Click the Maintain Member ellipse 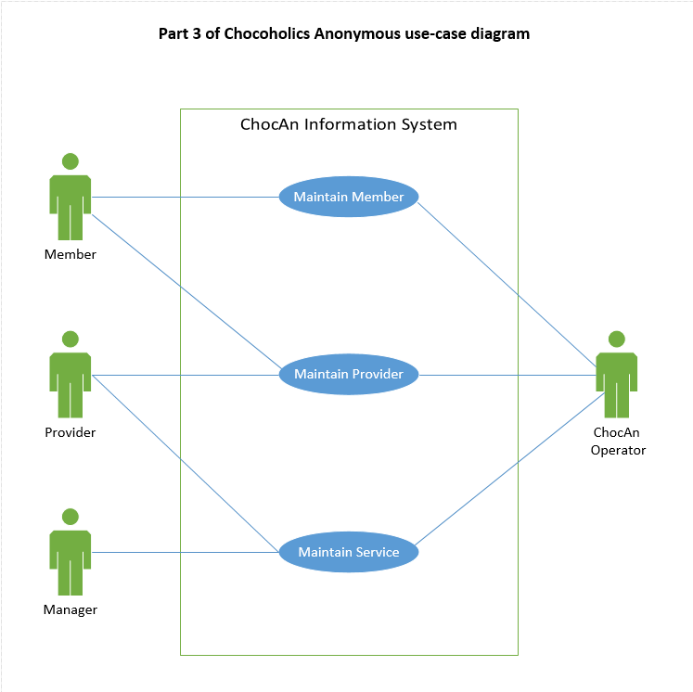tap(349, 197)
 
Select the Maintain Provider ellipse tap(349, 375)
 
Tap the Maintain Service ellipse tap(349, 553)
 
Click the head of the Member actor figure tap(71, 160)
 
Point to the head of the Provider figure tap(71, 339)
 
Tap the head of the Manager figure tap(71, 517)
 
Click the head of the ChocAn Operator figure tap(617, 339)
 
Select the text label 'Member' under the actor tap(71, 254)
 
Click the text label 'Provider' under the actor tap(71, 432)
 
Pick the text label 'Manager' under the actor tap(71, 609)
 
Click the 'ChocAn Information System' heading tap(349, 124)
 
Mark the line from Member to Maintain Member tap(186, 197)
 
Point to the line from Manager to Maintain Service tap(186, 553)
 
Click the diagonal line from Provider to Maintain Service tap(186, 464)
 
